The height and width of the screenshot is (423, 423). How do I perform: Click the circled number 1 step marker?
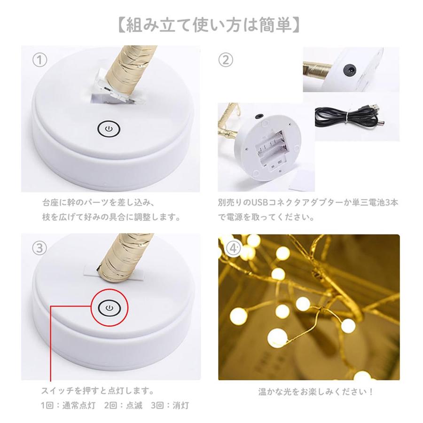pos(39,61)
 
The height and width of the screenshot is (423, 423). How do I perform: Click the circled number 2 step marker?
pos(226,61)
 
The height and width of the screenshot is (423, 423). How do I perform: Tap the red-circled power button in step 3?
pos(109,308)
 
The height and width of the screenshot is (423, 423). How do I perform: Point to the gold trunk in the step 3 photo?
pos(120,256)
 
